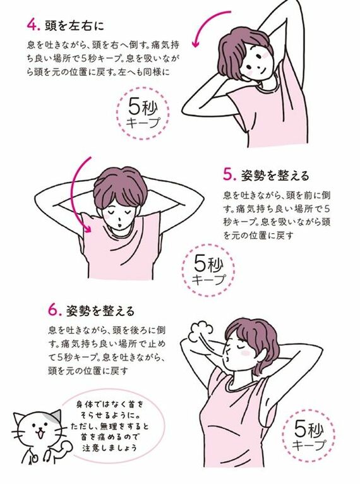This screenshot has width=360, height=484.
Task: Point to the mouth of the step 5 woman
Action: [115, 221]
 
